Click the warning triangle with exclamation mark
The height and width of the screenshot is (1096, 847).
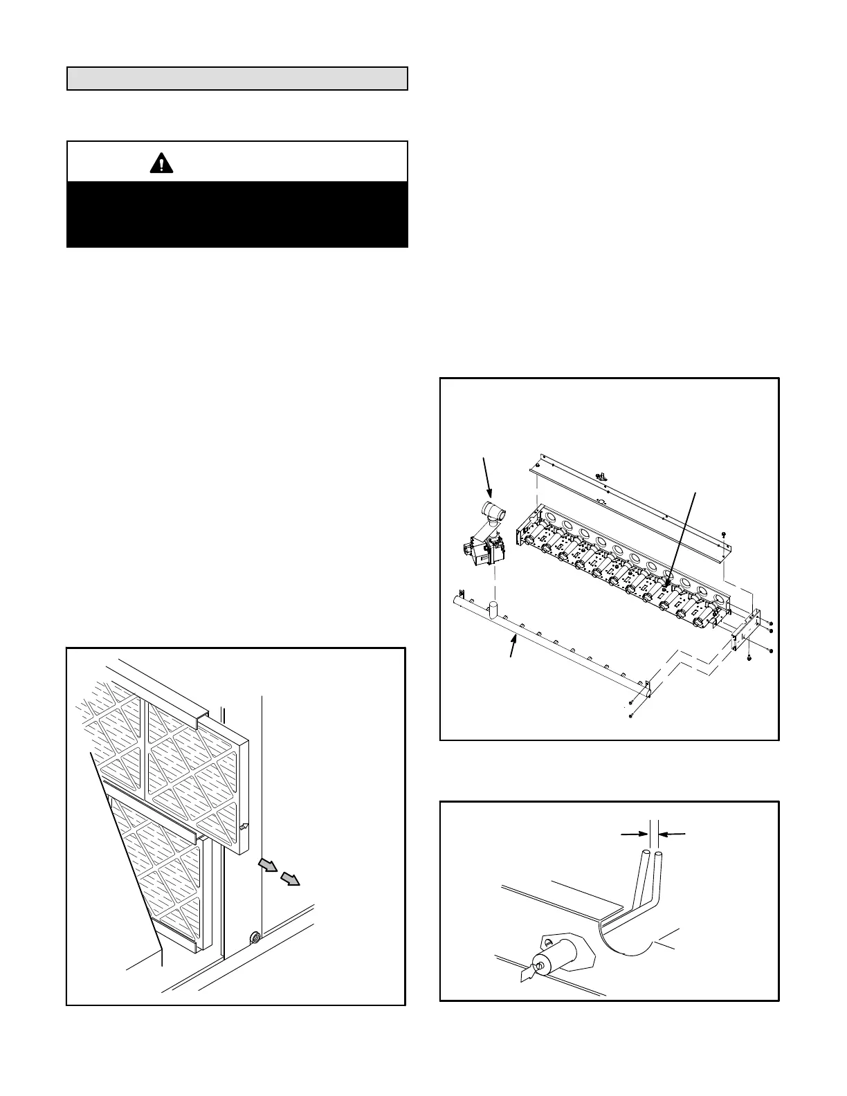click(161, 163)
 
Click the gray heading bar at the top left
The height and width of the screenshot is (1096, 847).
click(237, 79)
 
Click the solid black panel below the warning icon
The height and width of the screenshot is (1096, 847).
click(237, 214)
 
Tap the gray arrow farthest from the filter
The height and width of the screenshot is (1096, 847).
click(291, 879)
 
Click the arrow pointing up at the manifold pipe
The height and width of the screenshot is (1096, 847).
click(513, 647)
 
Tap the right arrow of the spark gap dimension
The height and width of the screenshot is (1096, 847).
click(673, 834)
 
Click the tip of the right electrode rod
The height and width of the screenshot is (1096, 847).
click(659, 855)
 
